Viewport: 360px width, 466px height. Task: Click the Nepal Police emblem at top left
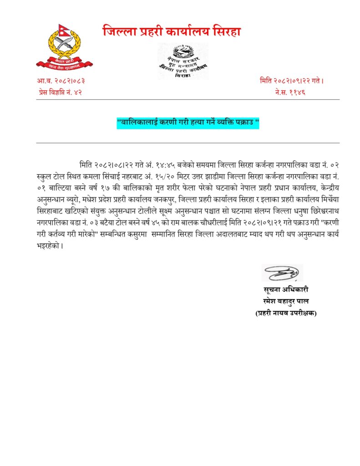pyautogui.click(x=64, y=47)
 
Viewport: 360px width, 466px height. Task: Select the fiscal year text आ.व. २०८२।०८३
pyautogui.click(x=61, y=81)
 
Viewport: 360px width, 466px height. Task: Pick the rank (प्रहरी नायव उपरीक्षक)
pyautogui.click(x=285, y=313)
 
